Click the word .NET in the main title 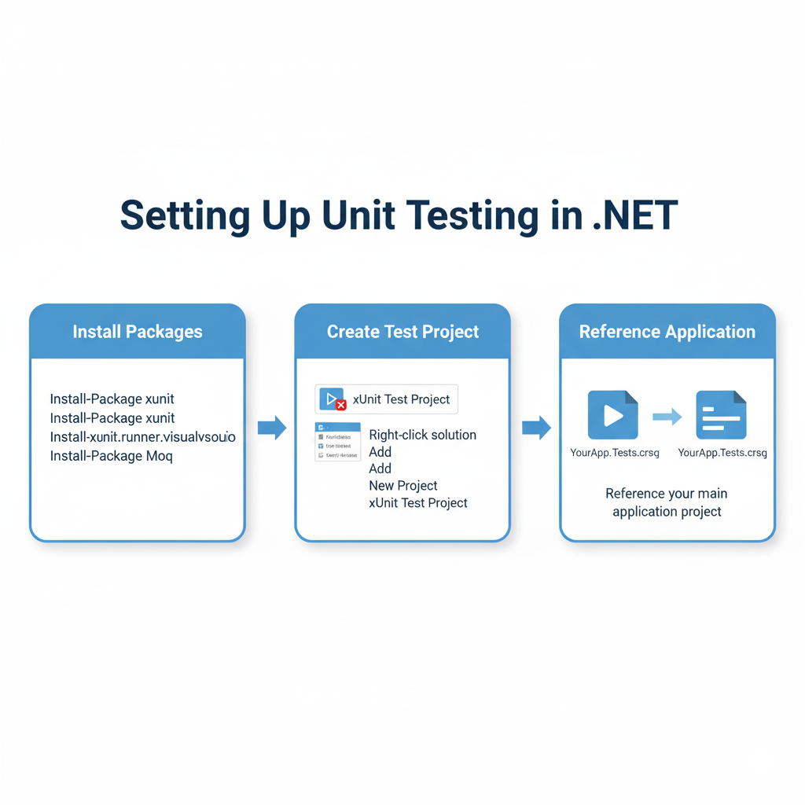click(x=635, y=215)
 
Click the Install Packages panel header click(x=138, y=332)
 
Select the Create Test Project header click(x=402, y=332)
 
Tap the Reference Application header click(x=667, y=332)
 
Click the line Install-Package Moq click(x=111, y=456)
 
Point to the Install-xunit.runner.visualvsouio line click(x=142, y=437)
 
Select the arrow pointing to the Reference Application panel click(x=536, y=428)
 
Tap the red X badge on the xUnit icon click(x=341, y=406)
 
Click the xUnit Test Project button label click(x=401, y=399)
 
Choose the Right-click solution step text click(x=422, y=435)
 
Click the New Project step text click(x=402, y=486)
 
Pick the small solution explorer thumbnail click(x=337, y=442)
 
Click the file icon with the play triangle click(x=612, y=415)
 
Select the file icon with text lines click(x=721, y=415)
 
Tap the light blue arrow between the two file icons click(x=667, y=417)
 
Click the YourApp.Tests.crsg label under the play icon click(x=614, y=453)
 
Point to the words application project click(x=667, y=512)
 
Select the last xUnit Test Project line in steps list click(x=417, y=503)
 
